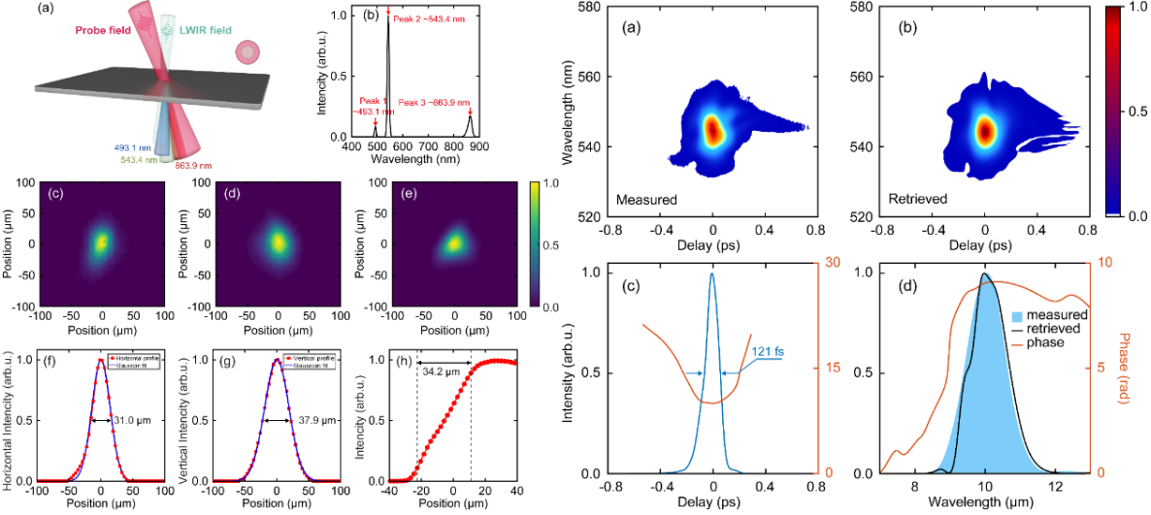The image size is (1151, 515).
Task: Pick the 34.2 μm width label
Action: [x=443, y=371]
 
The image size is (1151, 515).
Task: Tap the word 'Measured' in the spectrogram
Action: [x=646, y=201]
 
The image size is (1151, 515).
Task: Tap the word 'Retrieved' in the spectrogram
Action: [x=916, y=201]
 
